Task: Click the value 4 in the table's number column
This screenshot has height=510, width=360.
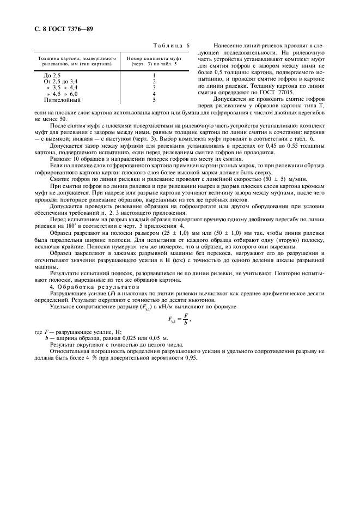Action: [x=154, y=94]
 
